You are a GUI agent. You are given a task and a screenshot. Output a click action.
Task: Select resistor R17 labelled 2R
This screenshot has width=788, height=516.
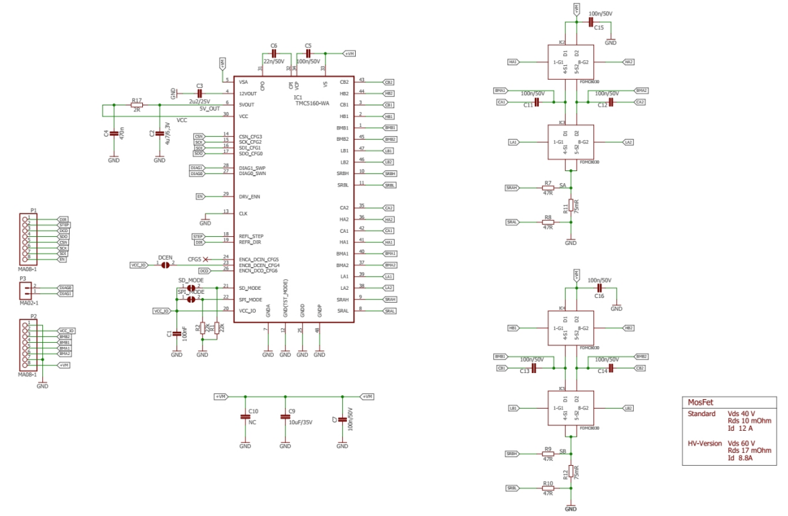click(x=137, y=105)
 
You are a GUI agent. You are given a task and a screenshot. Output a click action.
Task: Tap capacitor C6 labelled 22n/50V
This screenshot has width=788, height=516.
click(x=273, y=54)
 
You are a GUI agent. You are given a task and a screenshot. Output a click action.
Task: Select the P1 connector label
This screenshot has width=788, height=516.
click(x=33, y=210)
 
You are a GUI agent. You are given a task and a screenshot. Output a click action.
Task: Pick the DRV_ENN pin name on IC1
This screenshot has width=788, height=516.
click(x=250, y=197)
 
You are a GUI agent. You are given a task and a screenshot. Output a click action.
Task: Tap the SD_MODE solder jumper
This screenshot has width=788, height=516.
click(x=191, y=287)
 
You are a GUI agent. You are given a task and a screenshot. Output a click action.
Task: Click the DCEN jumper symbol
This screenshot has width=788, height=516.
click(x=165, y=265)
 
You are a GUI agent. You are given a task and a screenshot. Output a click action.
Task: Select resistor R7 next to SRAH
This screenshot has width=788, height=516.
click(x=548, y=188)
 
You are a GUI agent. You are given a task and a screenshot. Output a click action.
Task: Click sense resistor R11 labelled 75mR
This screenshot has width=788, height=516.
click(x=571, y=205)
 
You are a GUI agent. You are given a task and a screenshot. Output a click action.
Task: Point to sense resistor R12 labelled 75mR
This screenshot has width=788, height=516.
click(x=571, y=472)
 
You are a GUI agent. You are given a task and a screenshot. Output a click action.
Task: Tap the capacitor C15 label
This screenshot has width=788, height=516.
click(x=599, y=28)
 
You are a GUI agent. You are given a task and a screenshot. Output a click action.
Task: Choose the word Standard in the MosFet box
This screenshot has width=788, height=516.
click(x=701, y=413)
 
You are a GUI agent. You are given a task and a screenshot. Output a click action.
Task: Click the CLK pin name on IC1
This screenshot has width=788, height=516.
click(x=244, y=213)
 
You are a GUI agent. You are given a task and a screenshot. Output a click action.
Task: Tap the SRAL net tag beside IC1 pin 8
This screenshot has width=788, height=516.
click(x=389, y=311)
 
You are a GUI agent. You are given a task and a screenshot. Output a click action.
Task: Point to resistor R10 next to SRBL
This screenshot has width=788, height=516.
click(x=548, y=488)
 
